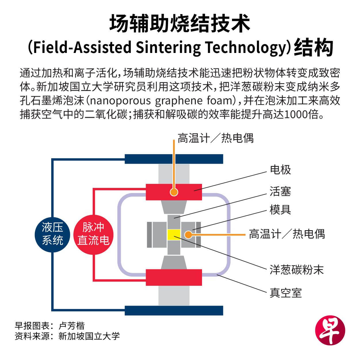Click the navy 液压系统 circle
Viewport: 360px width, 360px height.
[x=52, y=234]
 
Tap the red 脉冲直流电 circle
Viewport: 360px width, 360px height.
[x=93, y=234]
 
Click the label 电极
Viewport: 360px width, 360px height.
[x=280, y=170]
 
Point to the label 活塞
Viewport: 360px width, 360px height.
[x=280, y=191]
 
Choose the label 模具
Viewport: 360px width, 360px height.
[x=280, y=210]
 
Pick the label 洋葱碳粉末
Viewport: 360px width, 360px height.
[x=296, y=270]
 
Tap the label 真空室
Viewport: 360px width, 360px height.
[x=285, y=293]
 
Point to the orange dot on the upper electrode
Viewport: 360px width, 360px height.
[x=174, y=192]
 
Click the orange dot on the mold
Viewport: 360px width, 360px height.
[x=188, y=234]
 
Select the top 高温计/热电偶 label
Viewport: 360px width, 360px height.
[x=216, y=138]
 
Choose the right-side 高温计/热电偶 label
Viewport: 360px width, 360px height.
[x=287, y=234]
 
